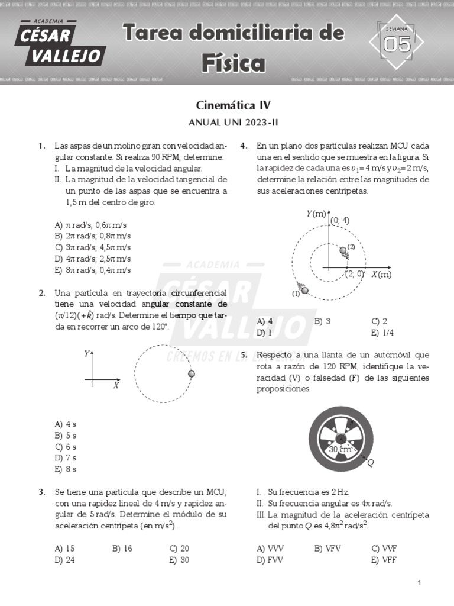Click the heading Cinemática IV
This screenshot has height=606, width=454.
pyautogui.click(x=233, y=106)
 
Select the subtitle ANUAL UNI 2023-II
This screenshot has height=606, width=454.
pyautogui.click(x=233, y=123)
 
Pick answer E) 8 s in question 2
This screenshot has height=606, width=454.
pyautogui.click(x=65, y=469)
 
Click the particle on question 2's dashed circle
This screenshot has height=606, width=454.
pyautogui.click(x=191, y=374)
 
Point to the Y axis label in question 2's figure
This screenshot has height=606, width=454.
pyautogui.click(x=87, y=354)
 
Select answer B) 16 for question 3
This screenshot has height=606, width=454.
pyautogui.click(x=122, y=548)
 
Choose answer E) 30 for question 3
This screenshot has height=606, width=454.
pyautogui.click(x=179, y=560)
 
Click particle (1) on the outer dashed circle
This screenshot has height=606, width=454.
pyautogui.click(x=304, y=289)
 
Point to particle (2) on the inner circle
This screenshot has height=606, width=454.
pyautogui.click(x=343, y=251)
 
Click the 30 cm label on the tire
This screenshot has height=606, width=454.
pyautogui.click(x=339, y=450)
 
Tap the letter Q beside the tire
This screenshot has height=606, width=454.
pyautogui.click(x=371, y=463)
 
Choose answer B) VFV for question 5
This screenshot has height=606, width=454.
pyautogui.click(x=326, y=548)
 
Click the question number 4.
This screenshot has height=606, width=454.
pyautogui.click(x=243, y=146)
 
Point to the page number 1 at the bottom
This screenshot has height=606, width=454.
pyautogui.click(x=419, y=584)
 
